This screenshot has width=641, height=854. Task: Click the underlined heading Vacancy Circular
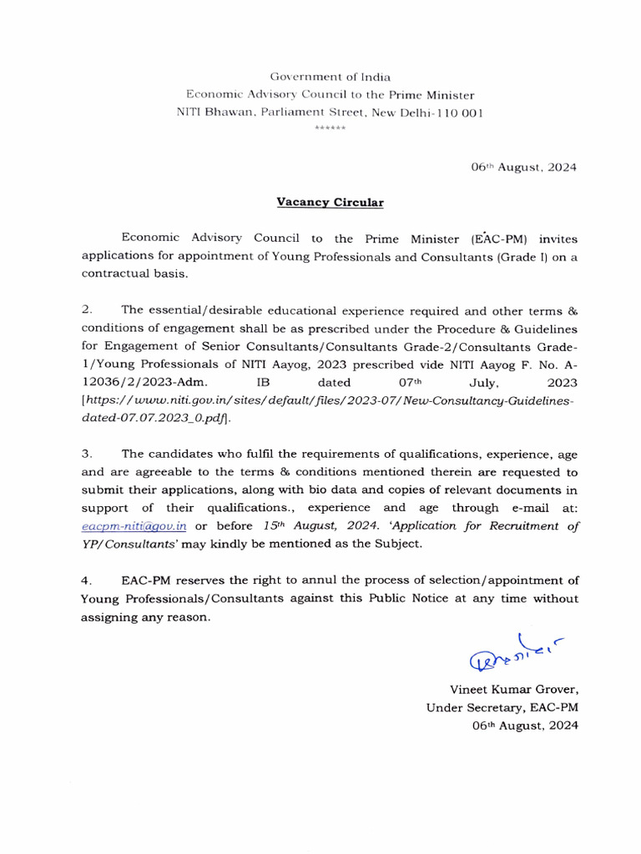pyautogui.click(x=331, y=202)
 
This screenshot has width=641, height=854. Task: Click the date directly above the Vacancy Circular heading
pyautogui.click(x=523, y=167)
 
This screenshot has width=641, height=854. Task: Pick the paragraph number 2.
pyautogui.click(x=87, y=309)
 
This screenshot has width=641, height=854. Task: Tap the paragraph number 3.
pyautogui.click(x=87, y=454)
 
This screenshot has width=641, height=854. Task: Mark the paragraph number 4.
pyautogui.click(x=87, y=580)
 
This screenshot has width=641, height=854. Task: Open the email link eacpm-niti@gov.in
pyautogui.click(x=134, y=526)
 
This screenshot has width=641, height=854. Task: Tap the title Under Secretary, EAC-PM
pyautogui.click(x=502, y=708)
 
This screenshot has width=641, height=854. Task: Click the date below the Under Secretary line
pyautogui.click(x=525, y=726)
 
